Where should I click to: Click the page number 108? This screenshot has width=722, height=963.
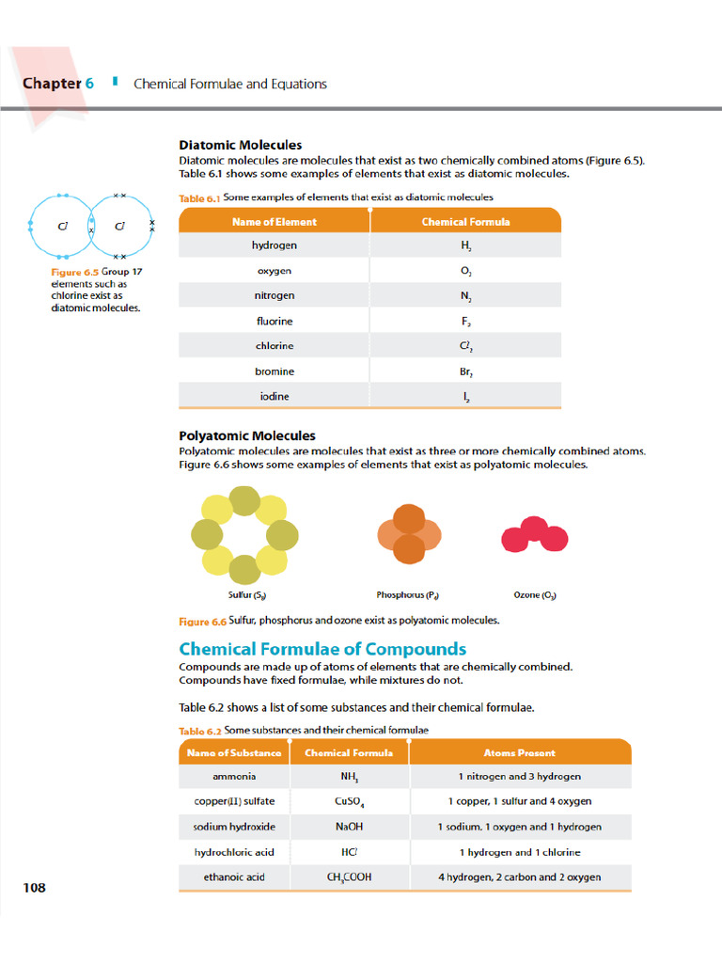click(x=34, y=887)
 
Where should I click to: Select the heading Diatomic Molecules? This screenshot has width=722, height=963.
click(x=241, y=145)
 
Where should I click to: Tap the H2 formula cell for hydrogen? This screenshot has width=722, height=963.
click(x=466, y=245)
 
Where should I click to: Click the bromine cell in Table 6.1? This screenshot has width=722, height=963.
click(x=275, y=371)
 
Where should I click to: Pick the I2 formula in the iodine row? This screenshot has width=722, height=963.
click(x=466, y=397)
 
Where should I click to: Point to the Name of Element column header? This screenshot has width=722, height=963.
click(x=275, y=222)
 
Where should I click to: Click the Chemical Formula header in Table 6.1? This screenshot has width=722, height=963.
click(x=466, y=222)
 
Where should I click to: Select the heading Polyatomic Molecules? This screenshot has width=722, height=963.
click(x=247, y=435)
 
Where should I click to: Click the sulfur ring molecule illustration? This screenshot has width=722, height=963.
click(x=244, y=535)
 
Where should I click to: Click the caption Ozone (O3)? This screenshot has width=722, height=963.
click(x=535, y=595)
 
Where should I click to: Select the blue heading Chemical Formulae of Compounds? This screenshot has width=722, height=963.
click(x=322, y=649)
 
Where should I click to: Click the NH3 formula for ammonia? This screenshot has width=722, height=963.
click(x=350, y=777)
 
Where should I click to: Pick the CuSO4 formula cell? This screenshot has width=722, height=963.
click(x=350, y=802)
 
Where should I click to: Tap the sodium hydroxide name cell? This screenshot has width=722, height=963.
click(x=234, y=827)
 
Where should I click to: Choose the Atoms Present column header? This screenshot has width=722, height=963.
click(x=519, y=752)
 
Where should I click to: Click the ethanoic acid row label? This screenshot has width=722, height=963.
click(x=234, y=877)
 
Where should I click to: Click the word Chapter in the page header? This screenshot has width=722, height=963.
click(x=52, y=84)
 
